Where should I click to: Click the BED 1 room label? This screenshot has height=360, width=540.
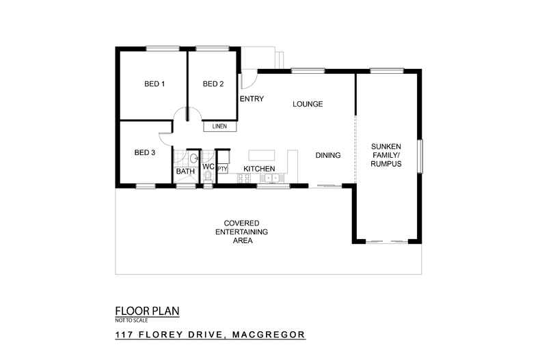(154, 84)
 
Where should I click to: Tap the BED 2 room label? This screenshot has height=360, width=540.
(213, 84)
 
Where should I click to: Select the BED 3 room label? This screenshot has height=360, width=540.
(145, 152)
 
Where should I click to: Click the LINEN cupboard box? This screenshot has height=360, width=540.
(219, 126)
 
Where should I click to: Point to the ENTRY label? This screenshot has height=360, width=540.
(252, 99)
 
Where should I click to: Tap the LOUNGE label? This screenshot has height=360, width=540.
(307, 105)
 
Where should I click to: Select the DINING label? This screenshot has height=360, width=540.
(328, 155)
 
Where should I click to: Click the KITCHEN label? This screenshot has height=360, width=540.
(259, 168)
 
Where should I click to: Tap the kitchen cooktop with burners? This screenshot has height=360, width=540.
(244, 179)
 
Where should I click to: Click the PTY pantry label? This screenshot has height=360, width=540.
(222, 168)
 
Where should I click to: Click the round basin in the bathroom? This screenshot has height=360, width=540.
(193, 158)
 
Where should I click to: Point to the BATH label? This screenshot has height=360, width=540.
(185, 171)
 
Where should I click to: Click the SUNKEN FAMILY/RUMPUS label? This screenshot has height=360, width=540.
(386, 155)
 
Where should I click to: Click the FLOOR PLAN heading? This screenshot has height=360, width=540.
(147, 311)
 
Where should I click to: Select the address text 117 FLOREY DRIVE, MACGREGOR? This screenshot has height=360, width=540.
(209, 335)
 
